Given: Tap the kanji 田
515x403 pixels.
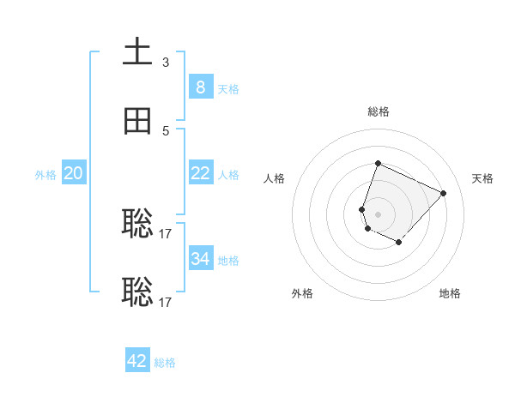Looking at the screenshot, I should point(137,121).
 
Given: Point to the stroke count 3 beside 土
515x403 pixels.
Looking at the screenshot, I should point(166,63).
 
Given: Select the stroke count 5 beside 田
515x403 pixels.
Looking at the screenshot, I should point(166,130).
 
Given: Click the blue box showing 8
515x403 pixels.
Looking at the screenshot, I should point(200,87).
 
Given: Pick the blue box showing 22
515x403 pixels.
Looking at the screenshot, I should point(200,173).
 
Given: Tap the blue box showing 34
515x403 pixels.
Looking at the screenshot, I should point(200,258).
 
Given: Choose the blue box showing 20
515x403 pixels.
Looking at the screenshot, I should point(73,173).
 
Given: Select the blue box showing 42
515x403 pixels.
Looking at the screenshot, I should point(137,361).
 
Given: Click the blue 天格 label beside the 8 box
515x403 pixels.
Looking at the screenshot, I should point(228,88).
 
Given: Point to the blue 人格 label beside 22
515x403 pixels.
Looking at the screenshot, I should point(228,174).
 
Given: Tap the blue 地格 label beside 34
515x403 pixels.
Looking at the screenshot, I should point(228,260).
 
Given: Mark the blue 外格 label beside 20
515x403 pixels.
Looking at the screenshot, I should point(45,174).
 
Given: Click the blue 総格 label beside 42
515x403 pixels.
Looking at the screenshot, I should point(165,363).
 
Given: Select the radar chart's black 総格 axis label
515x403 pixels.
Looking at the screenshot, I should point(378,111).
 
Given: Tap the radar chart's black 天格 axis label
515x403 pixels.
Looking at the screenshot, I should point(482,178).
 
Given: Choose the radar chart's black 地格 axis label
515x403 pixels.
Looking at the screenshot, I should point(450,293).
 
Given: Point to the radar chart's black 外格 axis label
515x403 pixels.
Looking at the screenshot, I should point(302,293).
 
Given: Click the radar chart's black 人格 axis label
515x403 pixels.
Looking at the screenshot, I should point(274,178).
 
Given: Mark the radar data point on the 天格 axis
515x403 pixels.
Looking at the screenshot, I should point(443,193).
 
